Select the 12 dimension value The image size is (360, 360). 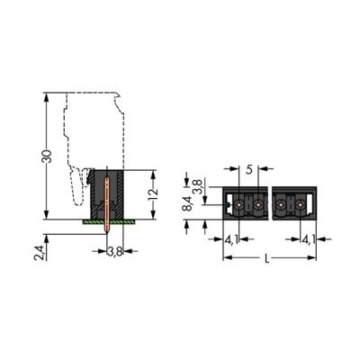click(154, 193)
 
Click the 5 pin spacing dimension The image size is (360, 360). click(249, 166)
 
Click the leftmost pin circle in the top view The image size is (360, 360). click(238, 206)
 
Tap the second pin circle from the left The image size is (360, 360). click(258, 206)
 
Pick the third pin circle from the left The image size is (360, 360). click(280, 206)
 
